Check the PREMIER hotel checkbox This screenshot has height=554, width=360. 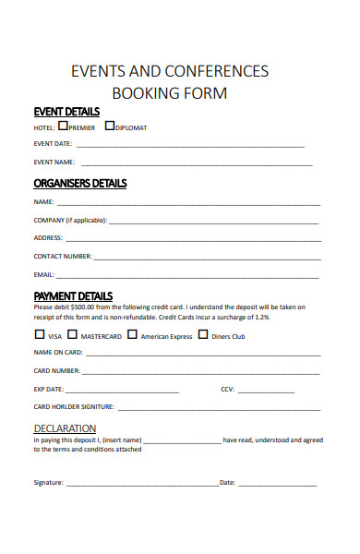pos(63,126)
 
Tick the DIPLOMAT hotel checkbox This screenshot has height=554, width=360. pos(110,126)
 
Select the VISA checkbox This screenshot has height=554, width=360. pos(40,335)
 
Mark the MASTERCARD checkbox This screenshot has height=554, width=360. pos(72,335)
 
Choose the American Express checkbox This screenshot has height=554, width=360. pos(132,335)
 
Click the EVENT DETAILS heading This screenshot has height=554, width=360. pos(66,111)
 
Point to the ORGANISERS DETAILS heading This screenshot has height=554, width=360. pos(79,183)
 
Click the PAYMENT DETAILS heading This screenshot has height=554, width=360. pos(73,295)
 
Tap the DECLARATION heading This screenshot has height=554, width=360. pos(65,428)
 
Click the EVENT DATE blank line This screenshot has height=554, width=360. pos(189,146)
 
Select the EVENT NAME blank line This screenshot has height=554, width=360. pos(195,164)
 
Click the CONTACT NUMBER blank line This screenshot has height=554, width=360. pos(207,258)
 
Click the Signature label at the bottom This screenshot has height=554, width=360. pos(48,483)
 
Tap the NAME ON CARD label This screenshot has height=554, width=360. pos(58,352)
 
